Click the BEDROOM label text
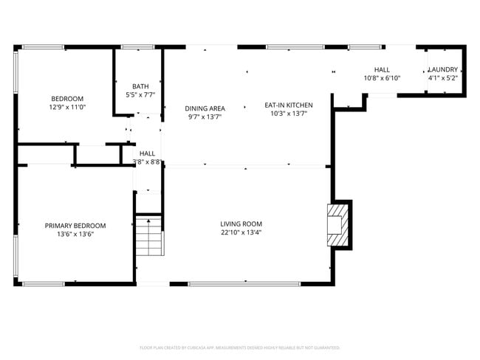(67, 99)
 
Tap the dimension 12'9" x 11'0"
(67, 107)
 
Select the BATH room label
(140, 86)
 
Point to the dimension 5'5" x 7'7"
(140, 94)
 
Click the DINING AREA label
(205, 108)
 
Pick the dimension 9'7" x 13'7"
(205, 117)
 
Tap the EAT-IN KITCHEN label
(288, 105)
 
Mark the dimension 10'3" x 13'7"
(288, 114)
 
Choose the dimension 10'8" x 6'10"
(382, 77)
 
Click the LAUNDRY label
(444, 69)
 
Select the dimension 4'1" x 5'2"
(444, 77)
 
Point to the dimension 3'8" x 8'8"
(147, 162)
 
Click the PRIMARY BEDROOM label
(75, 226)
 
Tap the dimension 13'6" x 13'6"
(75, 234)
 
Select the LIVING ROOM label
(241, 224)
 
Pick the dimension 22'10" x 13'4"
(241, 232)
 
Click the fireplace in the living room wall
(336, 224)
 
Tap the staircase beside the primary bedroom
(150, 235)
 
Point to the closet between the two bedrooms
(97, 154)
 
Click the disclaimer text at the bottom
(240, 347)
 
